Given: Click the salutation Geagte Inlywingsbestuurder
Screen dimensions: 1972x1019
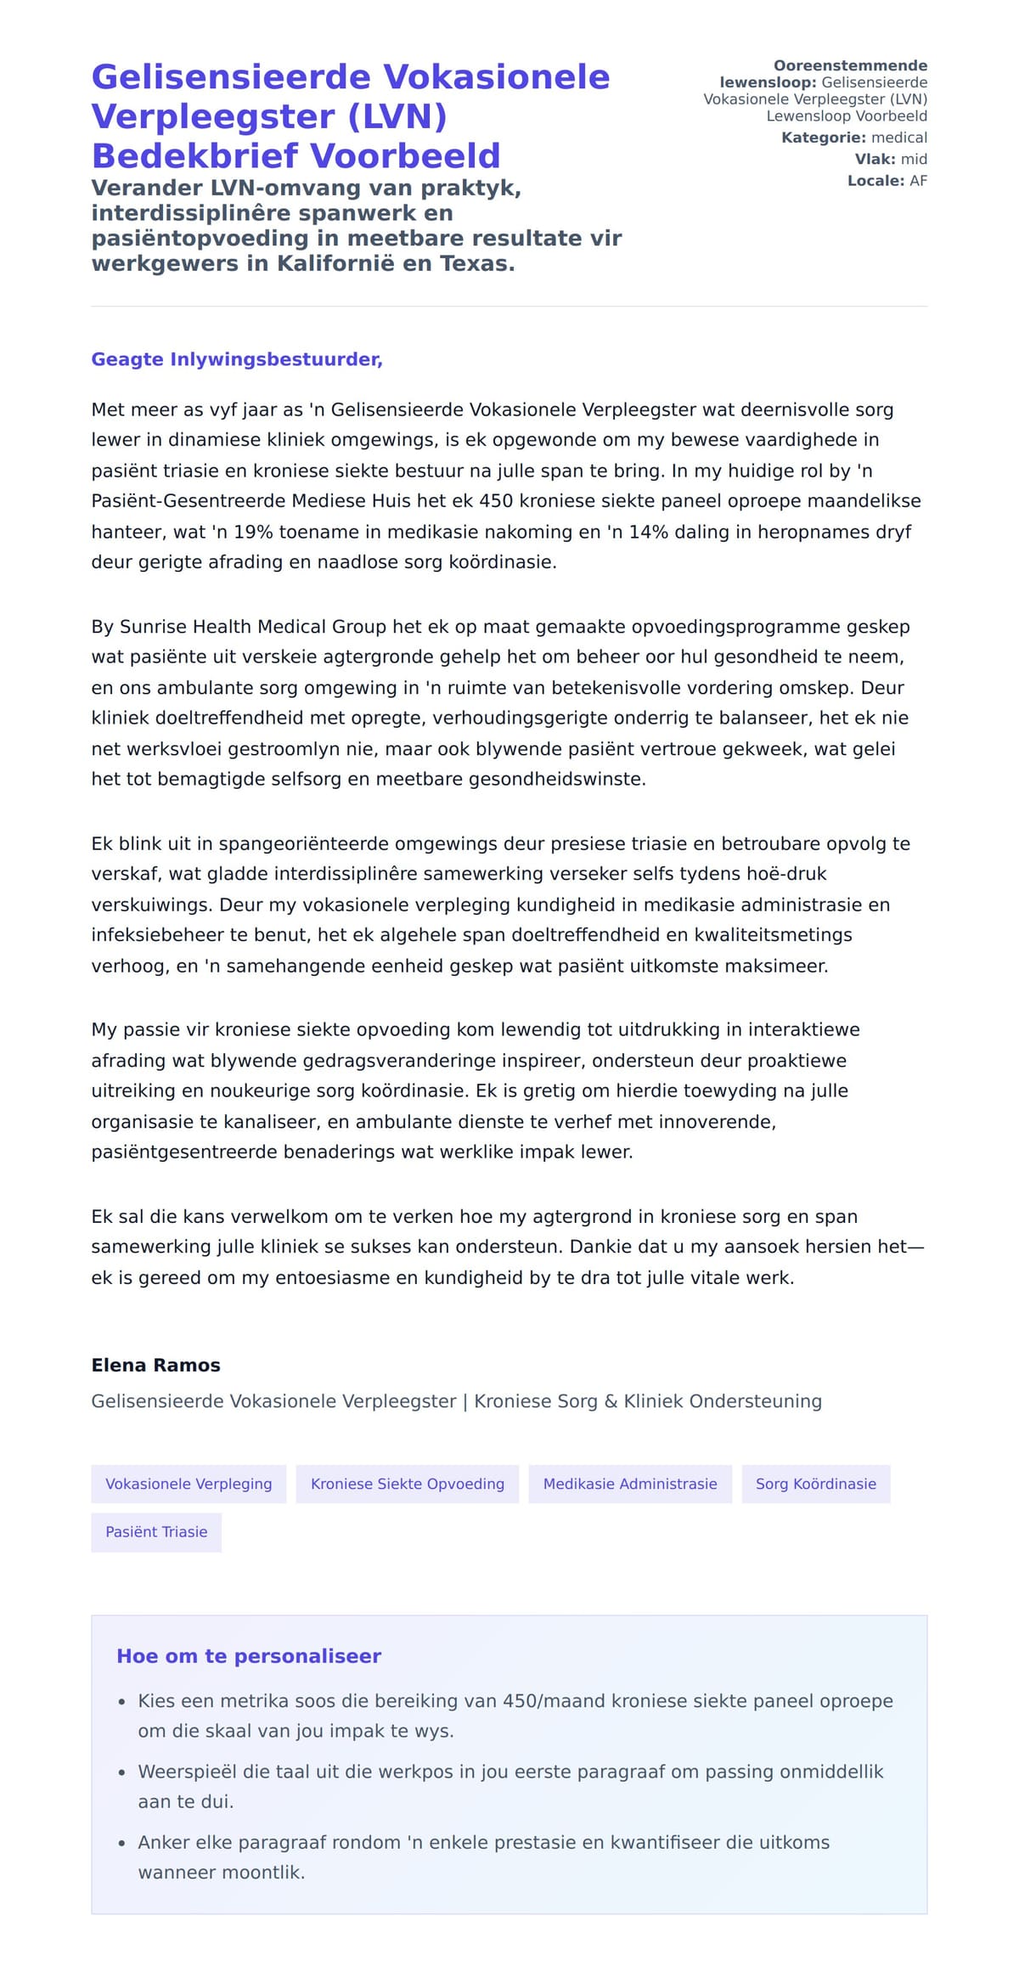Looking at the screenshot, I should (x=237, y=359).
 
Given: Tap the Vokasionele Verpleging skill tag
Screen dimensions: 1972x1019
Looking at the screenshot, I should (x=189, y=1484).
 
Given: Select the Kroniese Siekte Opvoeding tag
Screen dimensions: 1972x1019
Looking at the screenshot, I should (x=407, y=1484).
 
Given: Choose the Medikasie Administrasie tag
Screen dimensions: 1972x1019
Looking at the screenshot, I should (x=629, y=1484).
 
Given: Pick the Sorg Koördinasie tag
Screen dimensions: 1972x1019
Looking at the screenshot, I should (x=815, y=1484).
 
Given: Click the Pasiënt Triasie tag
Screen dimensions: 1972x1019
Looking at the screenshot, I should (x=156, y=1532).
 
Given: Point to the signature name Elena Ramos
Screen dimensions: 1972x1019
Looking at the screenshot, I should (x=155, y=1365).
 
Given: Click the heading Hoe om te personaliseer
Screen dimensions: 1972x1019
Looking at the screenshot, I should (x=249, y=1655).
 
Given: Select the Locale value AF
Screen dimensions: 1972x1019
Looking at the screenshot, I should (x=918, y=181).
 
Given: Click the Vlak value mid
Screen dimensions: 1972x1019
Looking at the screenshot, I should (x=914, y=159).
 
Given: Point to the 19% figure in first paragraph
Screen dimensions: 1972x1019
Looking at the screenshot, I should (x=250, y=532).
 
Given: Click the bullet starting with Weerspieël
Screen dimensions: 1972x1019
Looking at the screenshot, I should (x=509, y=1772).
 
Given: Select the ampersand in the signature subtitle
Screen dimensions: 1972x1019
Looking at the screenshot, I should (x=611, y=1401).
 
